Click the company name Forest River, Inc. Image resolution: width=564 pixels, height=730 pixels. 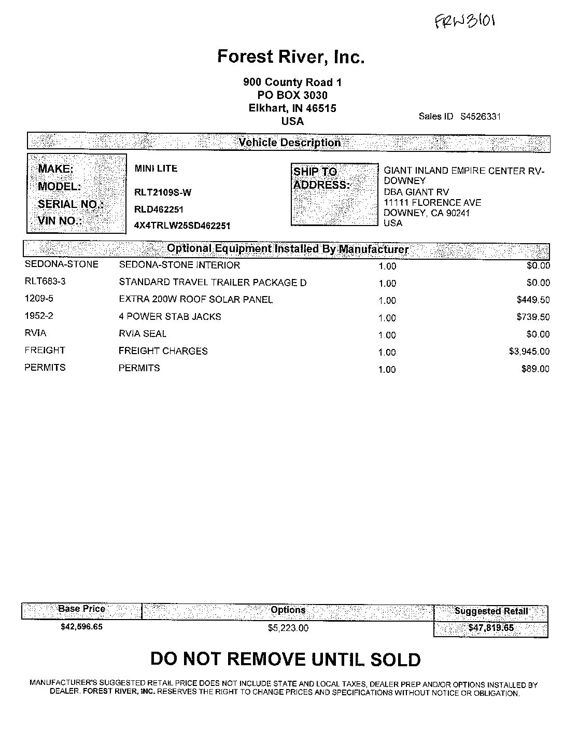(x=291, y=57)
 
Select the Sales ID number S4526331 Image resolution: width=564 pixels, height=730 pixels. (x=481, y=117)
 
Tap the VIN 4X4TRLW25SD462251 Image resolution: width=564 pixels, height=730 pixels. (x=182, y=226)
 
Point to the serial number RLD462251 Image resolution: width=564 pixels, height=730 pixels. (x=159, y=209)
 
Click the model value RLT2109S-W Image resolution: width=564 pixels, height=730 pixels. (x=163, y=192)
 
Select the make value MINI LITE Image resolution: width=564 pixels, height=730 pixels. (x=156, y=169)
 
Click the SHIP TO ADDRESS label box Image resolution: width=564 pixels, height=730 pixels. (x=334, y=194)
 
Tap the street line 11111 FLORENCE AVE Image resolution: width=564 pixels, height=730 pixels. (x=432, y=203)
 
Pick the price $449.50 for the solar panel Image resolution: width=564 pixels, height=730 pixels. (x=533, y=300)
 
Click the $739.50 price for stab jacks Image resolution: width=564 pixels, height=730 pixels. (x=533, y=317)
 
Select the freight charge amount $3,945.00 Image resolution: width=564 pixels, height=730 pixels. (x=529, y=352)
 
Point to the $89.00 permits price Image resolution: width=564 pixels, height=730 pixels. (x=535, y=369)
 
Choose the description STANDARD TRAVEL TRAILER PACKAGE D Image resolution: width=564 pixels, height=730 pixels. (x=213, y=283)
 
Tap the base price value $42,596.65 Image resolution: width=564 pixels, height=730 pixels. (x=81, y=627)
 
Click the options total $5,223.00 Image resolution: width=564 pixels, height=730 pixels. (x=288, y=628)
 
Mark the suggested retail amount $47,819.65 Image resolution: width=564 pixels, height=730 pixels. (x=491, y=628)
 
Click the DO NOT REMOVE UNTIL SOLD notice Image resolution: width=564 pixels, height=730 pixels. (x=285, y=659)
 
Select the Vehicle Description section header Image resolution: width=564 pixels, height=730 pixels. (x=289, y=143)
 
